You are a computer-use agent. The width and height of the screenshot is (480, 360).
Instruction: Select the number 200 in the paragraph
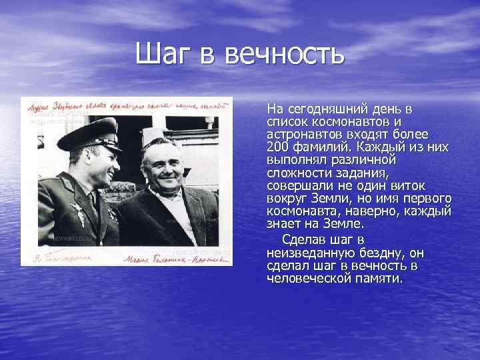(277, 146)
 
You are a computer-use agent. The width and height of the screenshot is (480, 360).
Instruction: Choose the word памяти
(379, 279)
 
